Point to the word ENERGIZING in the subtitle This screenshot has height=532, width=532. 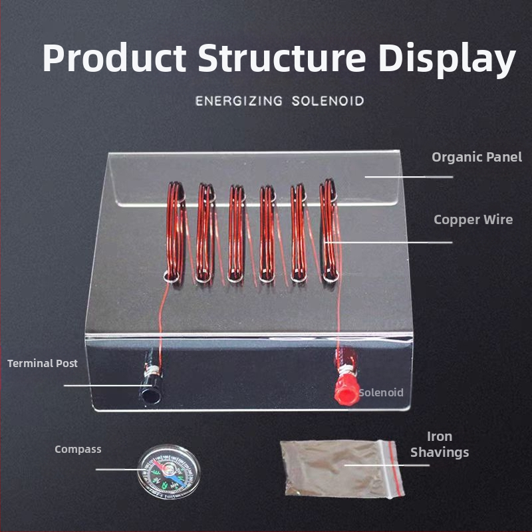click(239, 102)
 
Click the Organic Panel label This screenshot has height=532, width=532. click(477, 158)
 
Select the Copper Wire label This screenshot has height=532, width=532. click(473, 219)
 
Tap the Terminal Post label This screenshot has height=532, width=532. click(43, 364)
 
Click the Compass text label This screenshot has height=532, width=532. click(78, 450)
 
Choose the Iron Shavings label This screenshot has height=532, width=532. click(440, 444)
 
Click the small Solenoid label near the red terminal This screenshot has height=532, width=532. click(381, 392)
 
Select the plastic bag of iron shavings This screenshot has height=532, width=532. click(336, 469)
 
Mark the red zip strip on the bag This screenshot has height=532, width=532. click(396, 468)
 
